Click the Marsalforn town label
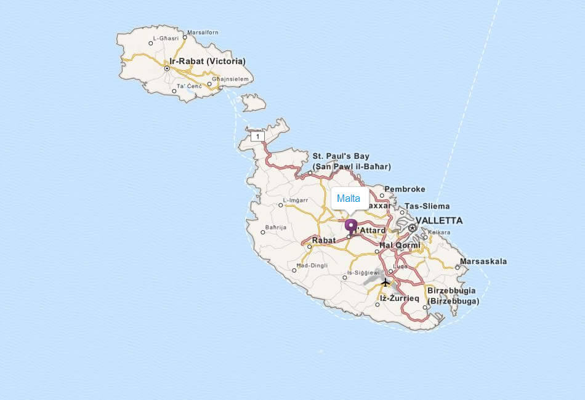[203, 32]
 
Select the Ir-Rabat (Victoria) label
[207, 61]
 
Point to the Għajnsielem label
[230, 79]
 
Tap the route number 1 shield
[257, 136]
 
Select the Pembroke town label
[405, 189]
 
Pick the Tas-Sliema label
[427, 206]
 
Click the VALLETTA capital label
[438, 220]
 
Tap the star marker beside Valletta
[413, 228]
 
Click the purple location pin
[351, 226]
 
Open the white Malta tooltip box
[349, 199]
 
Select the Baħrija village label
[275, 227]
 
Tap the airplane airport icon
[385, 282]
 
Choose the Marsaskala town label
[484, 261]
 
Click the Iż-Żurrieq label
[399, 298]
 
